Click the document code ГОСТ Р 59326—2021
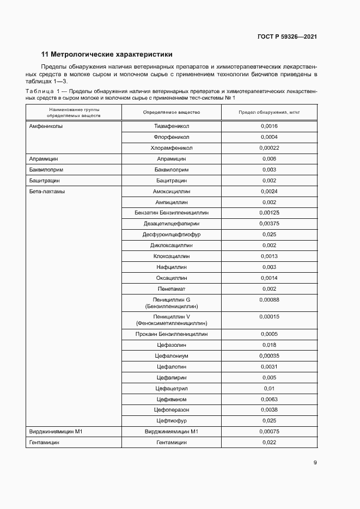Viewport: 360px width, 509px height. [287, 37]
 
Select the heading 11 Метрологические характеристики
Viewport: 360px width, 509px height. [107, 54]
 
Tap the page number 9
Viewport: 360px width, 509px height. [315, 463]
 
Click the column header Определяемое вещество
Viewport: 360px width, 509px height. [172, 112]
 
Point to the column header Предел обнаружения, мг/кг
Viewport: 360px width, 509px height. [269, 112]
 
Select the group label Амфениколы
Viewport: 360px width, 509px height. [46, 126]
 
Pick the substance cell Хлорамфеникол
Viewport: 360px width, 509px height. [172, 148]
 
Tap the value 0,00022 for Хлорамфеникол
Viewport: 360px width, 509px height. [269, 148]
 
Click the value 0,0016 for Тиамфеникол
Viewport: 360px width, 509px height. [269, 126]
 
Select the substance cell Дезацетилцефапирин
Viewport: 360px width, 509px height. [172, 224]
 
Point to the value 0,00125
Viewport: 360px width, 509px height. [269, 213]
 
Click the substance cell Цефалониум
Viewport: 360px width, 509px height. [172, 355]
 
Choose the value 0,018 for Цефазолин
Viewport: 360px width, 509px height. [269, 345]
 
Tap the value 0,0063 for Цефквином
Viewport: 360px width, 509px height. [269, 399]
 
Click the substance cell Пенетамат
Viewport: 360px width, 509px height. [172, 289]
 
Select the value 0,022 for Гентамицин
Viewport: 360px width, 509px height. [269, 443]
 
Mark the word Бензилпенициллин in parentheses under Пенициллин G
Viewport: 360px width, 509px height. [172, 307]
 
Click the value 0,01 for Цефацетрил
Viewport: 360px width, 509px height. [269, 388]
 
